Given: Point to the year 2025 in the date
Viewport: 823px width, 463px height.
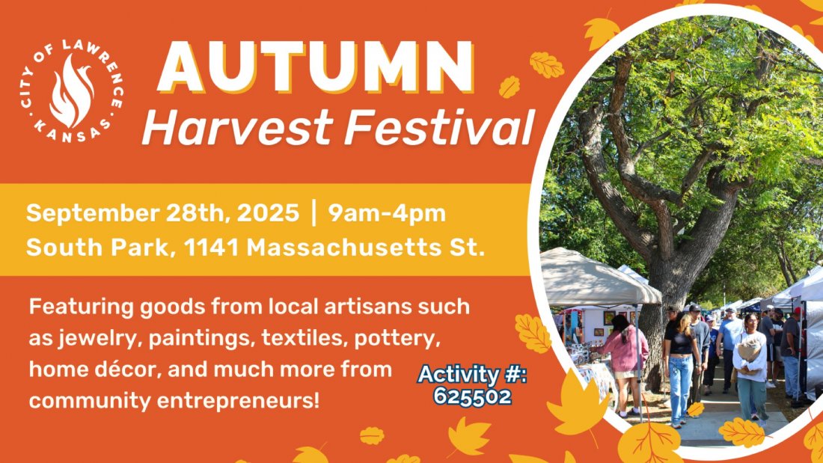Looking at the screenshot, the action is point(268,214).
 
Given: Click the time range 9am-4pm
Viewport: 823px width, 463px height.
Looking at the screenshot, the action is point(387,214).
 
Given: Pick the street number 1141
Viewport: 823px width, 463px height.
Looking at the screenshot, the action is point(212,248).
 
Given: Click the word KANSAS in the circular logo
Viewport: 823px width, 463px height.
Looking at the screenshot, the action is point(73,133).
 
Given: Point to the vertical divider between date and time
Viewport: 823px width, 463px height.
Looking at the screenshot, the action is point(314,213).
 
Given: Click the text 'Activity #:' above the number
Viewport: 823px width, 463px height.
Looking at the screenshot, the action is point(472,375).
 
